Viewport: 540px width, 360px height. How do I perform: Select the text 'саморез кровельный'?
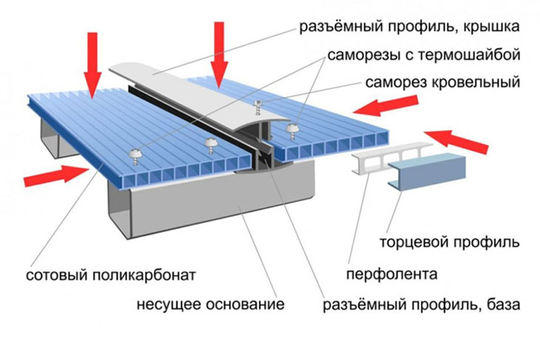(x=433, y=83)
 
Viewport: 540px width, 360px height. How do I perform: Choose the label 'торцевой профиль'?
(x=449, y=242)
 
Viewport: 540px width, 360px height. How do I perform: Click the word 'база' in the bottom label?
(x=502, y=304)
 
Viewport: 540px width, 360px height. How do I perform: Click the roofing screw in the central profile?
(x=259, y=108)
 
